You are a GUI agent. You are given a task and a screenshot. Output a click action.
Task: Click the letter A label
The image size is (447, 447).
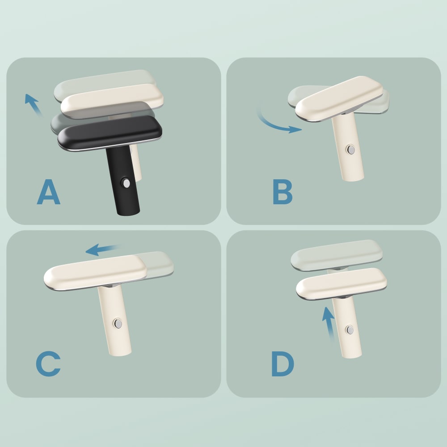pos(48,192)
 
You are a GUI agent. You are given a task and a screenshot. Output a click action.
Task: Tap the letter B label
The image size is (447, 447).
pos(283,192)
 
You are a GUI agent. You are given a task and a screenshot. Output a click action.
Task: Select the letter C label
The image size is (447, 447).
pos(48,364)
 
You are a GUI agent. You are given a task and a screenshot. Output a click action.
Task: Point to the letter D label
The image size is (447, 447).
pos(283,364)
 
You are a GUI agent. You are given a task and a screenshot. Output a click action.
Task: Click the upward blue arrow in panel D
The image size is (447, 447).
pos(329,324)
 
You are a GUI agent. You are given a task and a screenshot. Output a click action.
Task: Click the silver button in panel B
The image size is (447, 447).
pos(351,150)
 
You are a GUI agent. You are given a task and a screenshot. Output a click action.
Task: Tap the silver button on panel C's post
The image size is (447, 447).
pos(118,324)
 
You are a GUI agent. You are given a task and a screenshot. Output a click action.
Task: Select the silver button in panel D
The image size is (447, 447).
pos(350,330)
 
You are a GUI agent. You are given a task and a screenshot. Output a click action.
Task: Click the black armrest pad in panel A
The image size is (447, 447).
pos(110,133)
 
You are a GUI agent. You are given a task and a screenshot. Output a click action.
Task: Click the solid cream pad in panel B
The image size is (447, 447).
pos(339,99)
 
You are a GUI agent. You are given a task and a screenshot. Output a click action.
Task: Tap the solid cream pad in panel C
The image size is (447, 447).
pos(95,273)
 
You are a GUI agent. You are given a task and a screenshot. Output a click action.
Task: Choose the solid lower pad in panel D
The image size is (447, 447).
pos(341,284)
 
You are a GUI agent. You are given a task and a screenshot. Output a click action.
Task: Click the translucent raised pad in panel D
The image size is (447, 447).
pos(337,254)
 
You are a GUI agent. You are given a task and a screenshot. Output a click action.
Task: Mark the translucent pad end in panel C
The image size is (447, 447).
pos(160,264)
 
